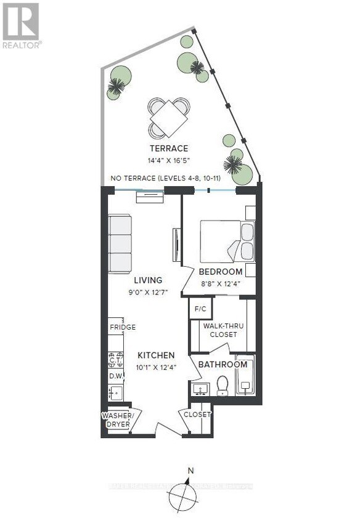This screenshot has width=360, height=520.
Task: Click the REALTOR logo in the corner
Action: (x=21, y=25)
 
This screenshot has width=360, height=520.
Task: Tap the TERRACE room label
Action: (x=168, y=148)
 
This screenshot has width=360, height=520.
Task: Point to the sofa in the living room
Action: (x=120, y=243)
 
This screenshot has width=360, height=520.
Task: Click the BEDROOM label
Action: (x=220, y=272)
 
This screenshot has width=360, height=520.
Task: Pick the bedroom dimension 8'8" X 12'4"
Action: (x=220, y=283)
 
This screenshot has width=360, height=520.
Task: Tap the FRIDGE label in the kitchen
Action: (x=123, y=327)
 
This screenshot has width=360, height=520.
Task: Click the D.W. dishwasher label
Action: (x=116, y=375)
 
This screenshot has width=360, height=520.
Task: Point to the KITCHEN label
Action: (x=156, y=355)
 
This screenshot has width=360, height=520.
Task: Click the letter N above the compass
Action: (x=190, y=471)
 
